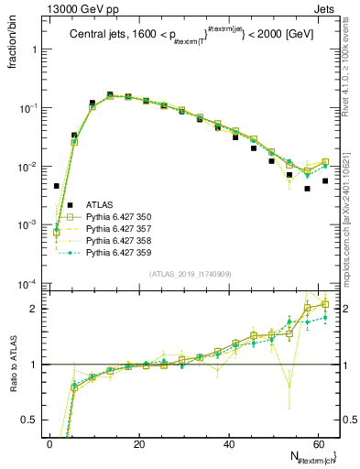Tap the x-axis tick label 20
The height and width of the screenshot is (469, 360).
tap(139, 445)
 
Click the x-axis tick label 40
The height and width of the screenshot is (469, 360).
tap(228, 445)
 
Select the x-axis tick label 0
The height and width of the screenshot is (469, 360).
tap(50, 445)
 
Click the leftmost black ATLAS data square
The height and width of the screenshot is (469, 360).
tap(57, 186)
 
